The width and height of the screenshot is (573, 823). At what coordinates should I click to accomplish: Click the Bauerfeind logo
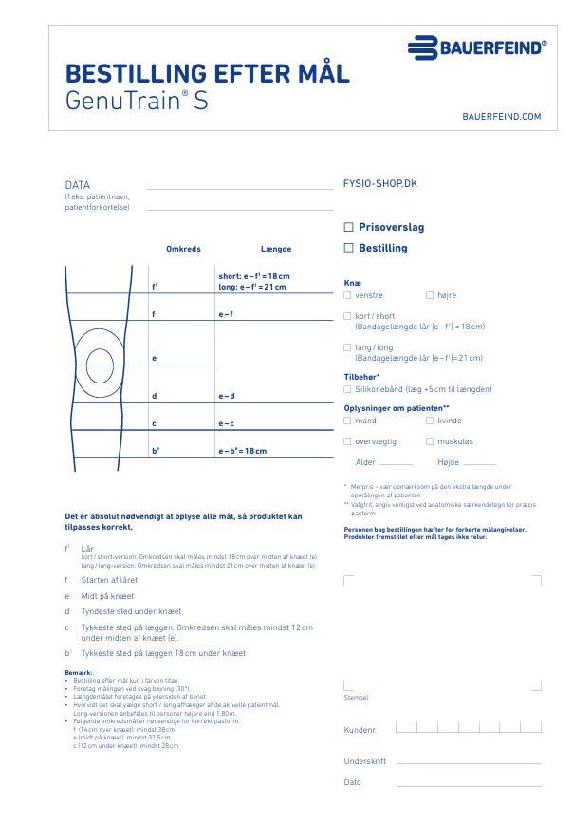pyautogui.click(x=477, y=47)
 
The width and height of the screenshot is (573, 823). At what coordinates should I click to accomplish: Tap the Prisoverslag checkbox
pyautogui.click(x=349, y=228)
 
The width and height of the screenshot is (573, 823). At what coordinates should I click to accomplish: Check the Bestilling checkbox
pyautogui.click(x=349, y=248)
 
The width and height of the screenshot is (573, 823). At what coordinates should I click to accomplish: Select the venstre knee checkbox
pyautogui.click(x=347, y=295)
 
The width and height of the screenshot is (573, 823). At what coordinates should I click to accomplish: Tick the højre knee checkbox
pyautogui.click(x=430, y=295)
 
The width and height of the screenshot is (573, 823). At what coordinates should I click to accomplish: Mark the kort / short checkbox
pyautogui.click(x=347, y=316)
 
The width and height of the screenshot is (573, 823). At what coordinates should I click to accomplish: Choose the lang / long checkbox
pyautogui.click(x=347, y=348)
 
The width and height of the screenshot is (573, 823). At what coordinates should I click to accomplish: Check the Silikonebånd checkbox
pyautogui.click(x=347, y=388)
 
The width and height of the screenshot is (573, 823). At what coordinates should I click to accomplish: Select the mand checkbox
pyautogui.click(x=347, y=420)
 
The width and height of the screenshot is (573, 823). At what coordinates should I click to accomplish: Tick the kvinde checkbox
pyautogui.click(x=430, y=420)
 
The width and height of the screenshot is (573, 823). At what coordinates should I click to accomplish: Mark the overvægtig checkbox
pyautogui.click(x=347, y=441)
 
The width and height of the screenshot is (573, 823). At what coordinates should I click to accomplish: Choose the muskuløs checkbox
pyautogui.click(x=430, y=441)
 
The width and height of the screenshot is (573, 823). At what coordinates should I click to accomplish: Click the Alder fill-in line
pyautogui.click(x=396, y=464)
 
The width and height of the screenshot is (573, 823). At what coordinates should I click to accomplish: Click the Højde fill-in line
pyautogui.click(x=478, y=464)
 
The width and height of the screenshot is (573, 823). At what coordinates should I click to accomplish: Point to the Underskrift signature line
pyautogui.click(x=468, y=763)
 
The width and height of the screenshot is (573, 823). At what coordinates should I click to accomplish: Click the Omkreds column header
pyautogui.click(x=183, y=249)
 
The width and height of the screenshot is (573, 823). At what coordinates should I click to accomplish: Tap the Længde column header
pyautogui.click(x=276, y=249)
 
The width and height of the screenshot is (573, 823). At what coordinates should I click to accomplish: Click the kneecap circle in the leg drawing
pyautogui.click(x=100, y=359)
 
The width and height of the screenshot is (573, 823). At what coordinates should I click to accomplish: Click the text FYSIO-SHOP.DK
pyautogui.click(x=379, y=185)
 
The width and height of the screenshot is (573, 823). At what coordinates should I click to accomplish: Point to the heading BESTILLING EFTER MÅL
pyautogui.click(x=207, y=73)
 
